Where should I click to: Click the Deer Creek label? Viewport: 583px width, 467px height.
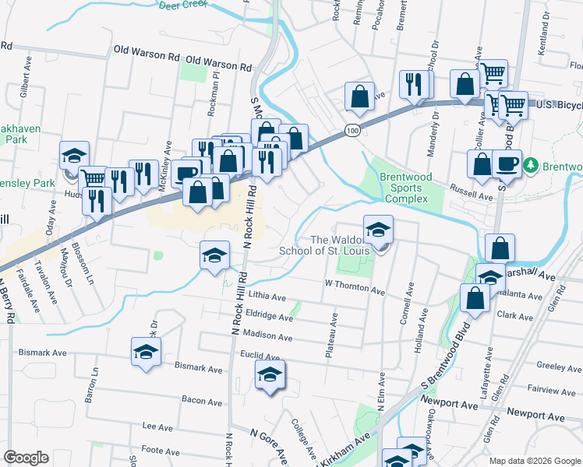coord(185,5)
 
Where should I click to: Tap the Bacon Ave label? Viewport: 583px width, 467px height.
coord(202,401)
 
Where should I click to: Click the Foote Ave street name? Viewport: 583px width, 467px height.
coord(161,450)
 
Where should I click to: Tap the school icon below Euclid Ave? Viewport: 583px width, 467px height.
coord(270,376)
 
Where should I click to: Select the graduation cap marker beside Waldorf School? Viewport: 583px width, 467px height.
coord(379,230)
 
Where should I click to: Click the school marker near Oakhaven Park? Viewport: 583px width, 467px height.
coord(74,154)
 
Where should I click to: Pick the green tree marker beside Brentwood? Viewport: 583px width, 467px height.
coord(531,165)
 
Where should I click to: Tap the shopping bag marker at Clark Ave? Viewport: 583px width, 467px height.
coord(475,298)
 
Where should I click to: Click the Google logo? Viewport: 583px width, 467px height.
coord(26,458)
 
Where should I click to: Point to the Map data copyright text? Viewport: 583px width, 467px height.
coord(535,460)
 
